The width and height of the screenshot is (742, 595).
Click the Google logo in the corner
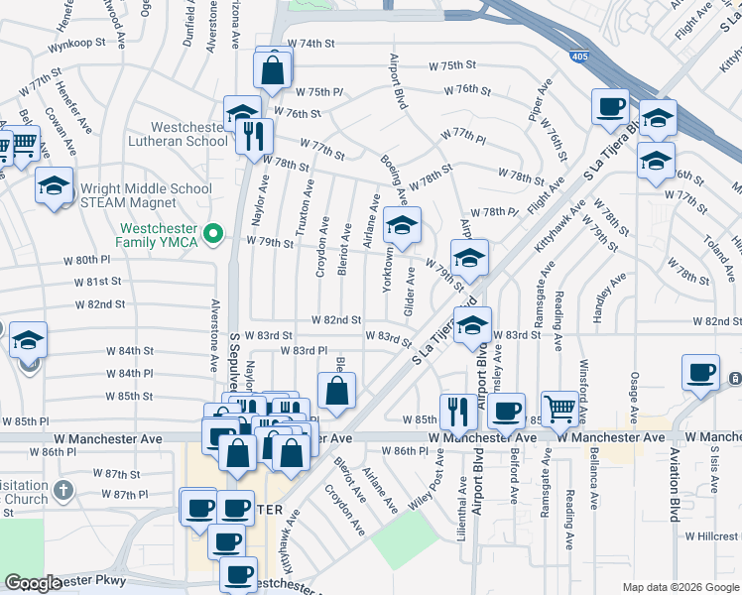pyautogui.click(x=32, y=584)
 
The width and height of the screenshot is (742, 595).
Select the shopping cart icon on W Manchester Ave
pyautogui.click(x=560, y=408)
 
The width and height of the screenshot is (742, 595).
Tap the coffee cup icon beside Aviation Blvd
pyautogui.click(x=700, y=373)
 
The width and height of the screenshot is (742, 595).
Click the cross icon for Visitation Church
pyautogui.click(x=62, y=489)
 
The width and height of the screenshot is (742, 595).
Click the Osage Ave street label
pyautogui.click(x=634, y=395)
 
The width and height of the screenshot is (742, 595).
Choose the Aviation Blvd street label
pyautogui.click(x=676, y=490)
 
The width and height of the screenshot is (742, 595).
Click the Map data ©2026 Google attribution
pyautogui.click(x=680, y=587)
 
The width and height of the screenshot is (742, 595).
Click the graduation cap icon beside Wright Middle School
pyautogui.click(x=54, y=184)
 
